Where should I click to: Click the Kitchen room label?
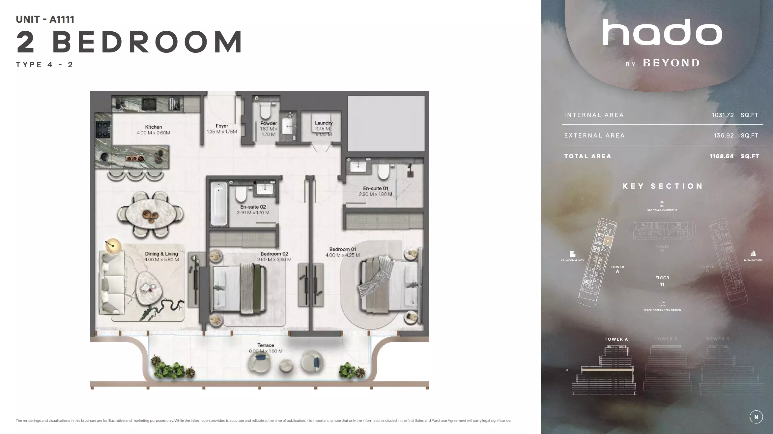[153, 127]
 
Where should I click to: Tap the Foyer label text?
[222, 126]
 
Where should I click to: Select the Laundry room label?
[324, 123]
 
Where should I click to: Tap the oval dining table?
[150, 214]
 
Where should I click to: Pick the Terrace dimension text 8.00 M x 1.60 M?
[266, 351]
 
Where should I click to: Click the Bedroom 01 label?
[343, 249]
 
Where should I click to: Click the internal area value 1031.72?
[723, 115]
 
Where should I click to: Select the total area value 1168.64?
[722, 156]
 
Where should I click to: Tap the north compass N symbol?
[756, 417]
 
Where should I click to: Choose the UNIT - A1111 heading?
[45, 19]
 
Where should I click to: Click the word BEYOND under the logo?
[671, 63]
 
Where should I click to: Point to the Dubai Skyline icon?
[753, 254]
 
